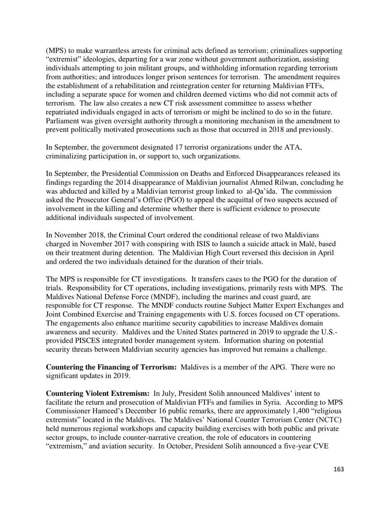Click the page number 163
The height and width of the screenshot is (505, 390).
point(339,469)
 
